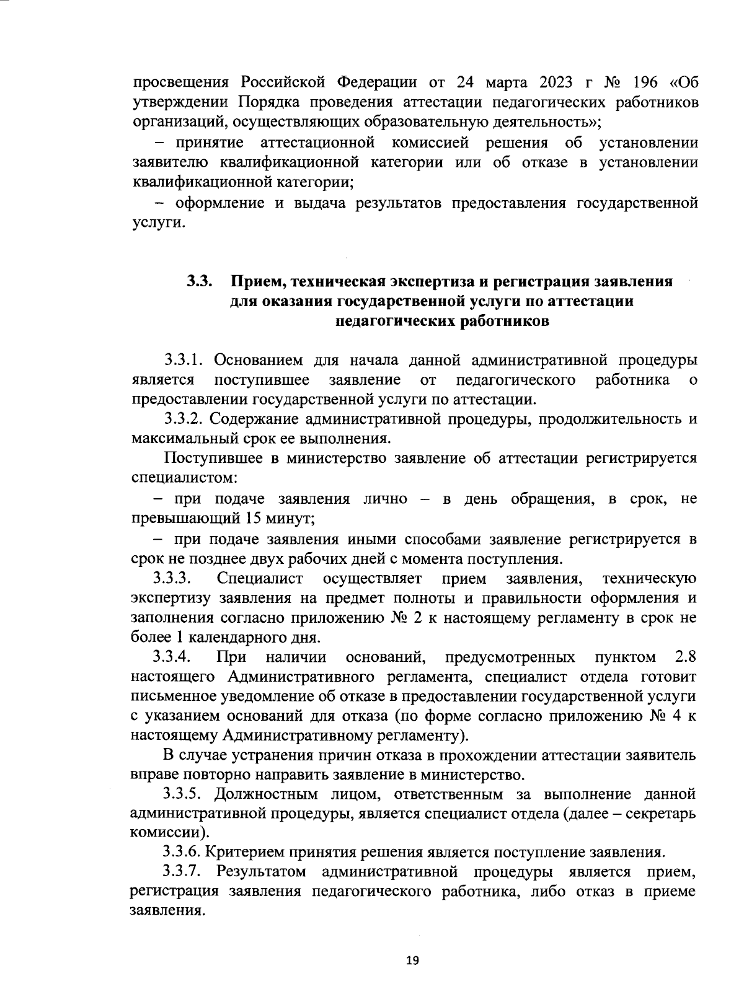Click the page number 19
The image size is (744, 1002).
(x=412, y=960)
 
